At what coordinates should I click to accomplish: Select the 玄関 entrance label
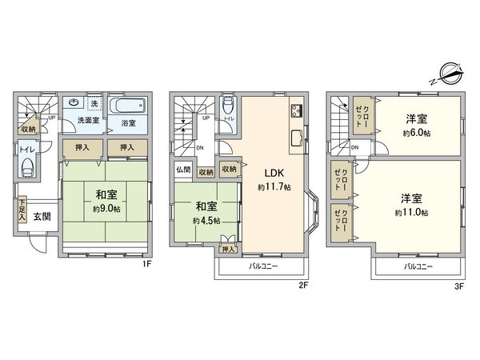(43, 217)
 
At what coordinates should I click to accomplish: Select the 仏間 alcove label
(182, 170)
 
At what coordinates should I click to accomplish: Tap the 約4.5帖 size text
(206, 220)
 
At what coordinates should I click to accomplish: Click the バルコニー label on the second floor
(262, 264)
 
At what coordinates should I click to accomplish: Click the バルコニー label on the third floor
(418, 264)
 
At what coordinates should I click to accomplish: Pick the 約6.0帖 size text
(417, 131)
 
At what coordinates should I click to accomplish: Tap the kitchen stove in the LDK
(296, 110)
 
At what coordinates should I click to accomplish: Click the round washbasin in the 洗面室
(74, 103)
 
